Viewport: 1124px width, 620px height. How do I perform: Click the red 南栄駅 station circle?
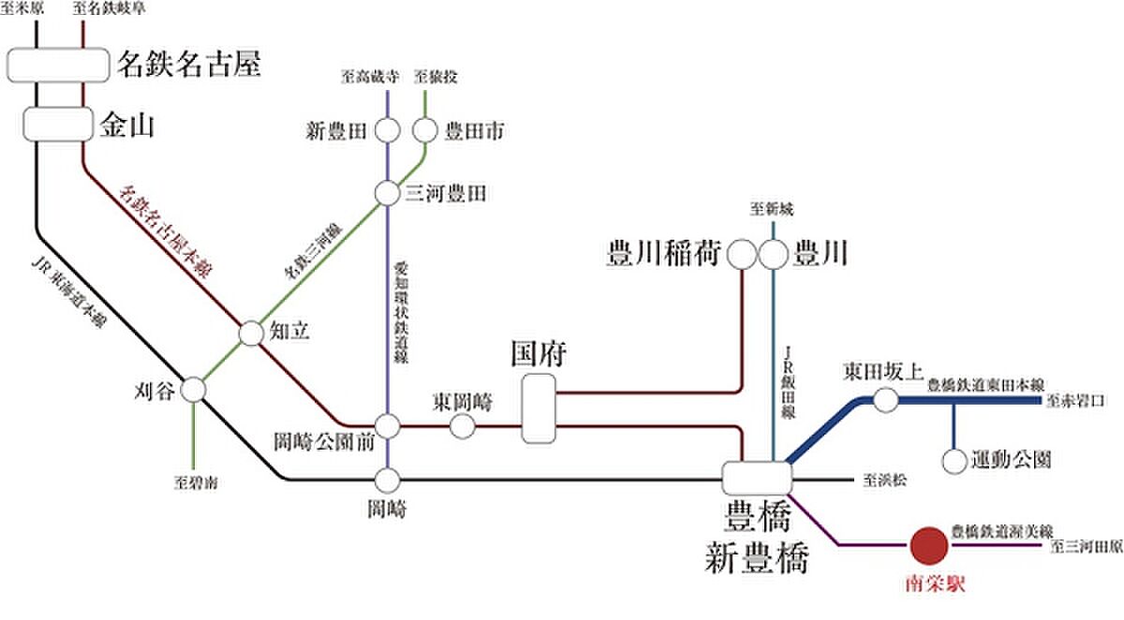929,543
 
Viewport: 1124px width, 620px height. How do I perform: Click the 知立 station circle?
252,332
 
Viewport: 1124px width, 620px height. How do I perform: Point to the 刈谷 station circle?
194,390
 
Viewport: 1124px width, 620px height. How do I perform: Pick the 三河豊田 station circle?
388,193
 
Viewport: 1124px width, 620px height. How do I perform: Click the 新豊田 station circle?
388,130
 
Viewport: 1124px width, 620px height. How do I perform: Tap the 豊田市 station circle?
425,130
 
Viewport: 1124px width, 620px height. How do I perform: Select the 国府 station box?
540,408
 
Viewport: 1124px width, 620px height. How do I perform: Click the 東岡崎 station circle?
463,426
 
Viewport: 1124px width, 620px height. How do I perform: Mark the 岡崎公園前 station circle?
388,426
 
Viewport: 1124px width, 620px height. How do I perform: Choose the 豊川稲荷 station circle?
743,253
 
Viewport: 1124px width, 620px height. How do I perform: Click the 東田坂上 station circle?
885,401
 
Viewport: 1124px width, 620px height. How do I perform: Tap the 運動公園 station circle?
954,460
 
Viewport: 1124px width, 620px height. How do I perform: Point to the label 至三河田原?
1087,544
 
